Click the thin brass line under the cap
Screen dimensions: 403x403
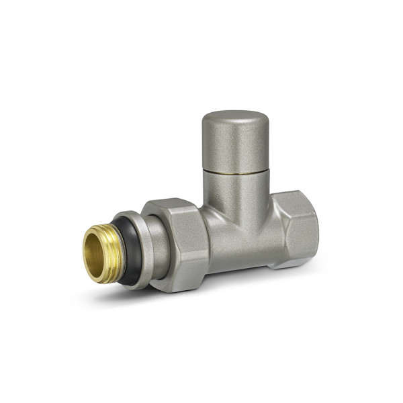[235, 172]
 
